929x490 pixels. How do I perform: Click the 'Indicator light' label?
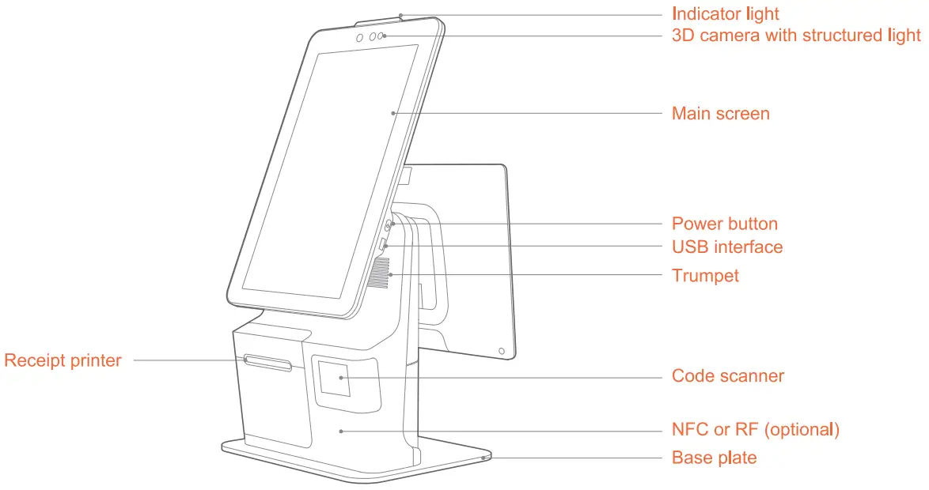point(725,14)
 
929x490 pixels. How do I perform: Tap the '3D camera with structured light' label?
point(796,36)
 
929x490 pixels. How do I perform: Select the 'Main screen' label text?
point(720,114)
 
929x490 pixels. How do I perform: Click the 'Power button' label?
point(724,224)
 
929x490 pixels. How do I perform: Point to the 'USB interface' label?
point(727,247)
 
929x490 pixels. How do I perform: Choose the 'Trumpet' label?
point(705,276)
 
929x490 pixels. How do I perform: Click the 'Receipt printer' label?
point(63,361)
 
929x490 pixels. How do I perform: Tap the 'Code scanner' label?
point(728,376)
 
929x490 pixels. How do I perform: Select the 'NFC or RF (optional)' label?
point(755,430)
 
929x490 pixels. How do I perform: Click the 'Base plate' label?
point(714,458)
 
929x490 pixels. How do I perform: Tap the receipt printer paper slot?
point(268,363)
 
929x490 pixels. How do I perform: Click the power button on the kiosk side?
point(390,225)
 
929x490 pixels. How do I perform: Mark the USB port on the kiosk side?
point(384,245)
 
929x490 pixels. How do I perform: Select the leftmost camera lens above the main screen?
point(359,38)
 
